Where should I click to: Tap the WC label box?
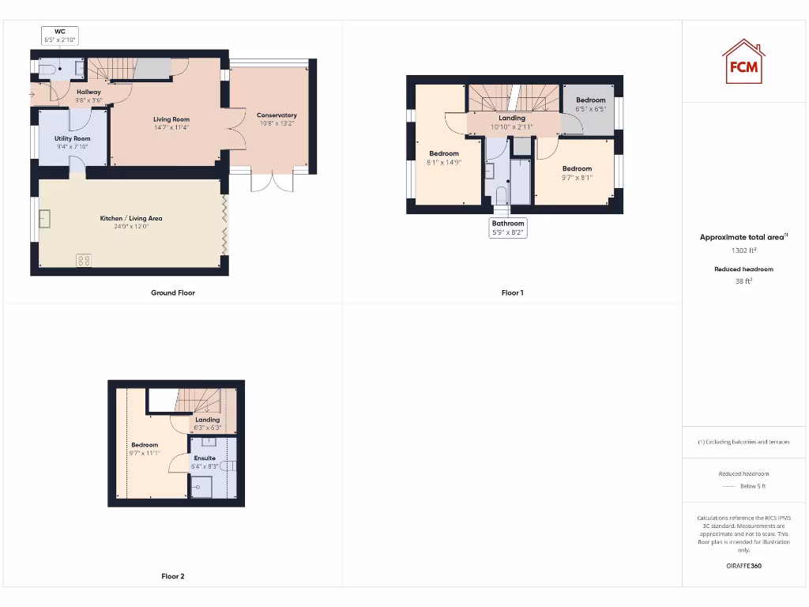point(60,36)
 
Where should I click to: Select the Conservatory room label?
point(277,115)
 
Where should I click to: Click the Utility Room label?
point(73,138)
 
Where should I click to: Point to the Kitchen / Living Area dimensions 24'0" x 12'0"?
point(131,227)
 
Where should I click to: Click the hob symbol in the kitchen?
point(83,260)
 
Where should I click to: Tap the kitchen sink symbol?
point(44,218)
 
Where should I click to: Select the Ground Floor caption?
point(173,293)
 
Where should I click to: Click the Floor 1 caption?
point(512,293)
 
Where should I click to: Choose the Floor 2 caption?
point(173,577)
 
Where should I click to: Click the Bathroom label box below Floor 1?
point(508,228)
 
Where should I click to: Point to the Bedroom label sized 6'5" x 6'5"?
point(590,100)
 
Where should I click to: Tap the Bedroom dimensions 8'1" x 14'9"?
point(444,162)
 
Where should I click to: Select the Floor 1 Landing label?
point(512,119)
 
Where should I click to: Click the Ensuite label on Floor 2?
point(205,458)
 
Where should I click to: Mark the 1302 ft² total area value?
point(743,251)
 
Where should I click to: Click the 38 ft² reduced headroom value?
point(743,281)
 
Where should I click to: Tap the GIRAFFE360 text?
point(743,566)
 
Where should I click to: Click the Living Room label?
point(171,119)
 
